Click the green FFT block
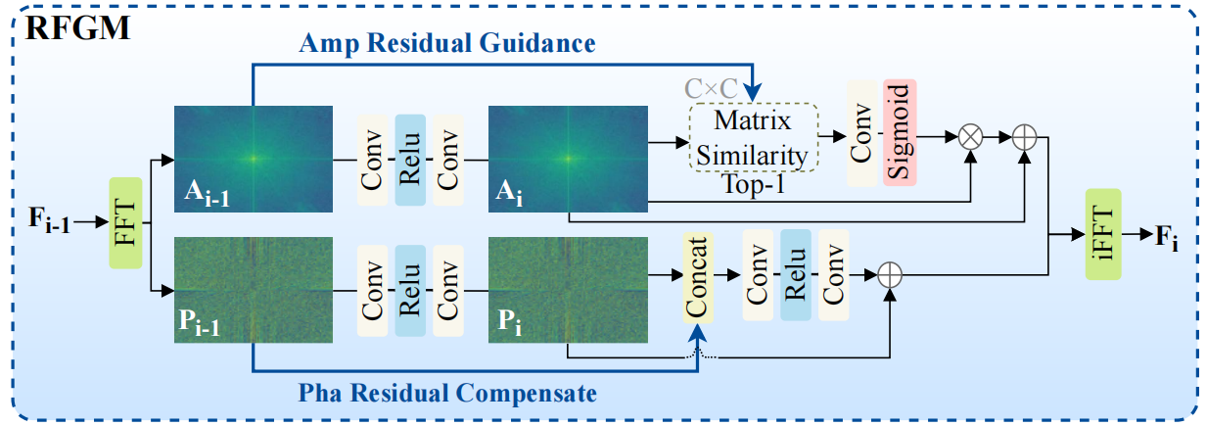(125, 222)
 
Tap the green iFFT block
(1103, 234)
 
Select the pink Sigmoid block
(900, 133)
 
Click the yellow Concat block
(698, 276)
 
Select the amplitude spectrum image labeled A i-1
(254, 157)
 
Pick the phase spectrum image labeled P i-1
(254, 290)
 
